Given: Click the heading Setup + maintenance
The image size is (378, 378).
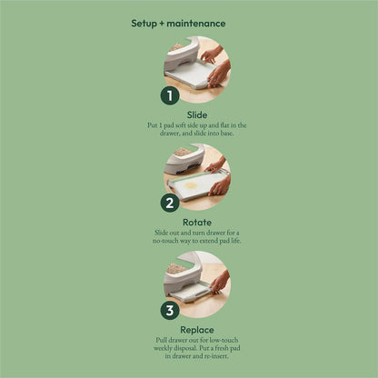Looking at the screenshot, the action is (178, 24).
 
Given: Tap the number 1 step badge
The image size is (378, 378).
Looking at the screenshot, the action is (170, 95).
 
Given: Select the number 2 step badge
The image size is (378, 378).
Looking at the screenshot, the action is (170, 203).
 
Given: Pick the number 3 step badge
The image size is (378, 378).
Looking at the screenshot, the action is (170, 310).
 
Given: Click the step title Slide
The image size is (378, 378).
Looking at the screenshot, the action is (197, 115).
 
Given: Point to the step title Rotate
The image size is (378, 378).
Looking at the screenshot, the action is (197, 223).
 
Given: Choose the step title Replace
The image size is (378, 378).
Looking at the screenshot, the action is (197, 330).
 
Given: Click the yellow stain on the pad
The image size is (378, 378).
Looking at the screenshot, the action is (192, 184).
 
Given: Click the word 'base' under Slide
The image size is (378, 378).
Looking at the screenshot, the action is (227, 133).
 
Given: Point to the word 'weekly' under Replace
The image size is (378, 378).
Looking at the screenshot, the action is (163, 348).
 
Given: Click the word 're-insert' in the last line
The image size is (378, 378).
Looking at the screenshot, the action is (216, 356).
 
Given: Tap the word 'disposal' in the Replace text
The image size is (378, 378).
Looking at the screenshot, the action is (185, 348).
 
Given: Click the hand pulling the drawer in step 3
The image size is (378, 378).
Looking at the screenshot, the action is (220, 283).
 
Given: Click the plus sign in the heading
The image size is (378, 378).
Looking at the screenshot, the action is (162, 24).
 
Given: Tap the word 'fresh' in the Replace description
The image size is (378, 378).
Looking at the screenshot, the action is (223, 348).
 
